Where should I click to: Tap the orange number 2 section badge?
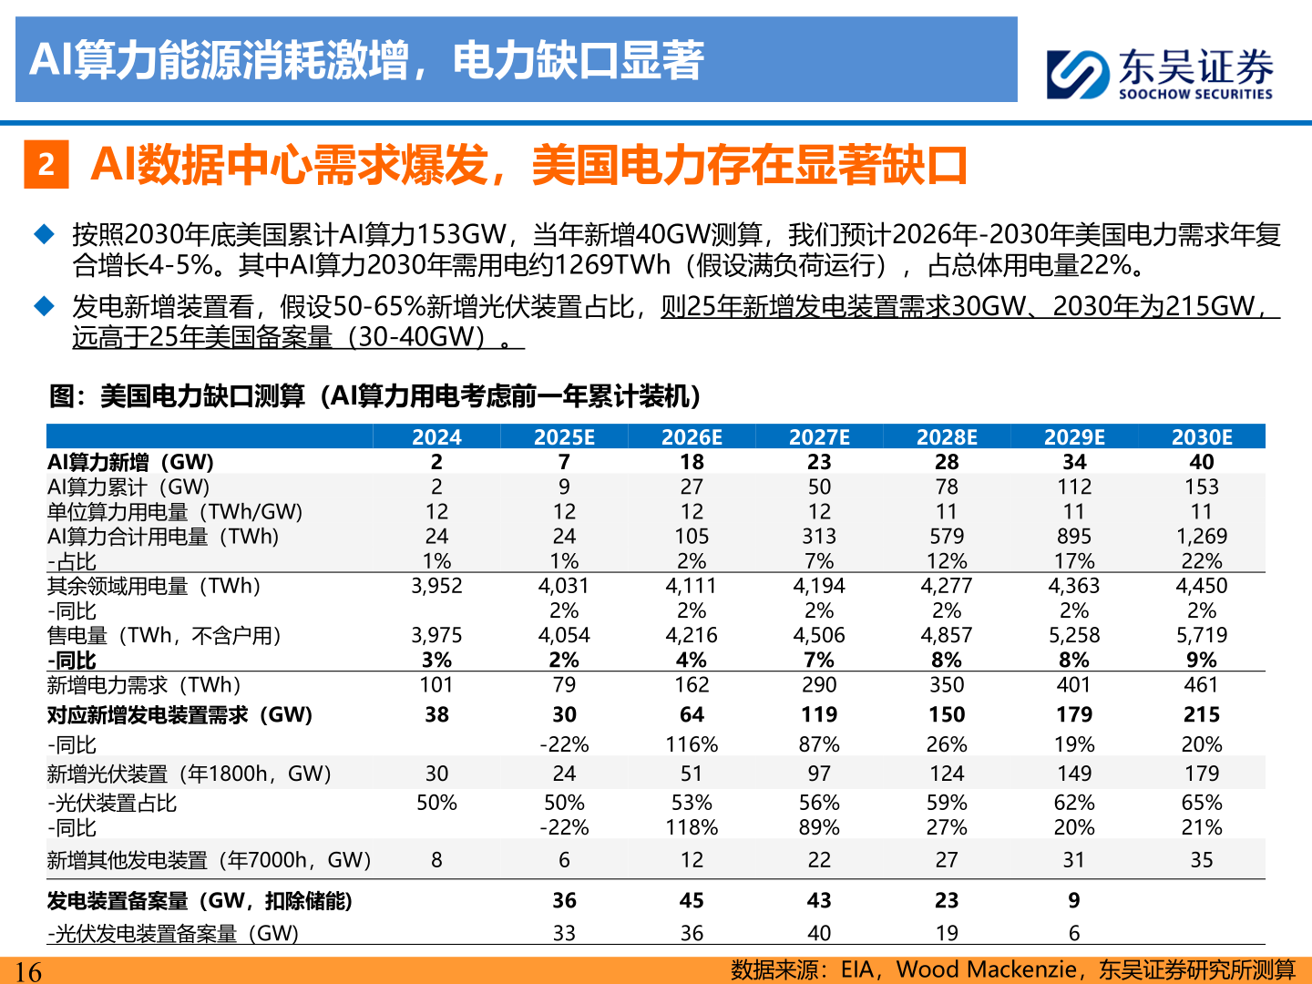pos(46,165)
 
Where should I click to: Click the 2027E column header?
pos(819,437)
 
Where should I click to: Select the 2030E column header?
pos(1202,437)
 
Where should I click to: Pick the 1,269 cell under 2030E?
pos(1202,537)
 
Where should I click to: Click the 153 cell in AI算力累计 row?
pos(1202,487)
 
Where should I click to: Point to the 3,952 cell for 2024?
pos(436,586)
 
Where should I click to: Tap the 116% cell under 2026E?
pos(692,744)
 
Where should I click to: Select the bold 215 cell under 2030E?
pos(1202,715)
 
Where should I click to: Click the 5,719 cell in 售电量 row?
pos(1202,635)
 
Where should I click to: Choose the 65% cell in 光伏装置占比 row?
pos(1202,803)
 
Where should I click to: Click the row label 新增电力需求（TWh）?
pos(144,685)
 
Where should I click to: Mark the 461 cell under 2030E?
pos(1202,685)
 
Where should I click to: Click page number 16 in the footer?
pos(28,971)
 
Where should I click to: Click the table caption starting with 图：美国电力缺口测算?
pos(374,396)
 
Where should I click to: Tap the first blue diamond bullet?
pos(44,234)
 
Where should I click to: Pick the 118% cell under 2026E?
pos(692,827)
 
